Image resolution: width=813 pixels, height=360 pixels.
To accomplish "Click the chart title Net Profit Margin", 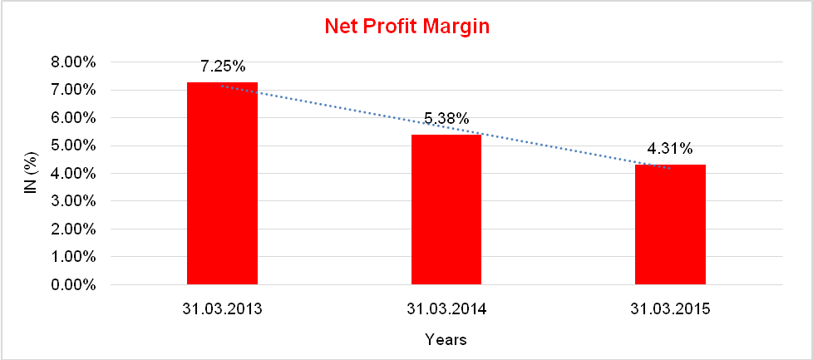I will coord(406,27).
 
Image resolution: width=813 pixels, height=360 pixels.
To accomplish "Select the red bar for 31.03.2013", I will coord(222,183).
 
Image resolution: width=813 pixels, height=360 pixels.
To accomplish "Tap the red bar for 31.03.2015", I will coord(670,224).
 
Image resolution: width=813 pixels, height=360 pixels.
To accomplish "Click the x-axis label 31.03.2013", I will coord(223,309).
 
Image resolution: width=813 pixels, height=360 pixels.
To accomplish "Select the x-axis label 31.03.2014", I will coord(446,309).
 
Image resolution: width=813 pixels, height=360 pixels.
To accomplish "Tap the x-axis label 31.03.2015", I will coord(670,309).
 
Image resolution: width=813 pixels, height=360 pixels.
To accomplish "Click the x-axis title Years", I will coord(446,339).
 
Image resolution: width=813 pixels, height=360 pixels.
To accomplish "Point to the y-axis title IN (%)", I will coord(30,173).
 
